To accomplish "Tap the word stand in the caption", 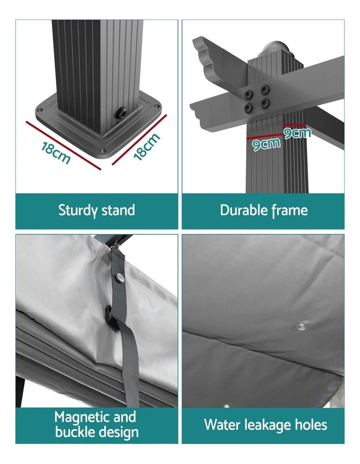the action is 118,210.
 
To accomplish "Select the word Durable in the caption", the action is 243,210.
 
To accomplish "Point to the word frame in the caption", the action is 289,210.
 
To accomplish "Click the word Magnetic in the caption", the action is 82,417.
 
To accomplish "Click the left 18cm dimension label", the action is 56,152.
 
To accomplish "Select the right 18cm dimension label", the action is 146,147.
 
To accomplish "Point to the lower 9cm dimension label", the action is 266,144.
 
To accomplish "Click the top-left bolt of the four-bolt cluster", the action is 248,94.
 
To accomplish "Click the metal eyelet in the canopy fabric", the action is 301,327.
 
